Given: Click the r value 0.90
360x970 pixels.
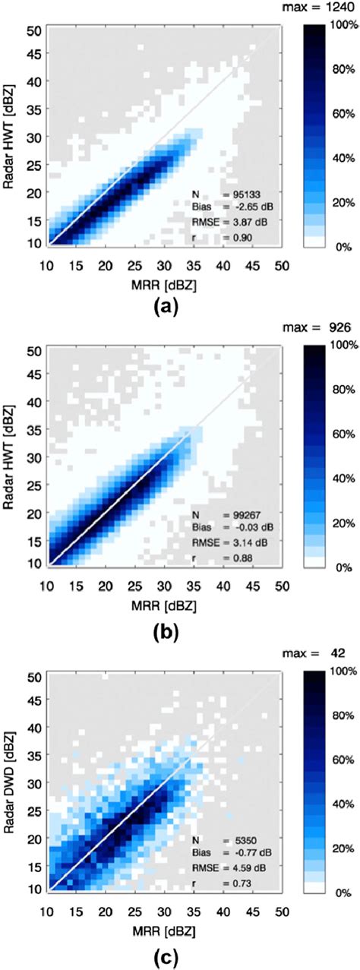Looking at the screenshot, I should point(235,237).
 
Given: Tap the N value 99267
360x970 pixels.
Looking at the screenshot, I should point(239,515).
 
